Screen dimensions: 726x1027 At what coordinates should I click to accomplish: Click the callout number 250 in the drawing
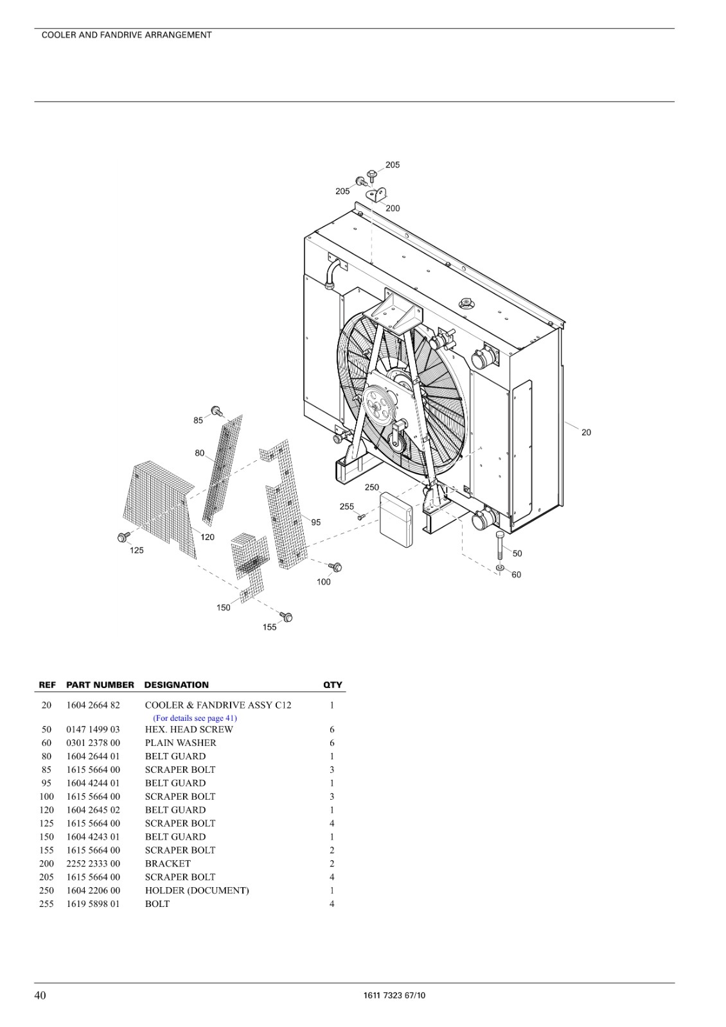tap(372, 487)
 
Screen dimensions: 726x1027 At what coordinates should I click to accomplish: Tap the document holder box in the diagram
tap(396, 520)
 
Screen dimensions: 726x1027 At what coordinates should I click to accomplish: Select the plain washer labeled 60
tap(500, 569)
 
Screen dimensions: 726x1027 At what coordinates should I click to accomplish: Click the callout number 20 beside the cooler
tap(586, 432)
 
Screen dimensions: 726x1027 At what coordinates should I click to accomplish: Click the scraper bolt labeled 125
tap(123, 537)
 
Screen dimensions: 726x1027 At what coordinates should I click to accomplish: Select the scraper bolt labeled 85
tap(216, 411)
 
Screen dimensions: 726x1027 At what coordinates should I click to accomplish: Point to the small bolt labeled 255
tap(360, 517)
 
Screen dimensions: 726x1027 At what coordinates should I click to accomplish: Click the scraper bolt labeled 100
tap(337, 567)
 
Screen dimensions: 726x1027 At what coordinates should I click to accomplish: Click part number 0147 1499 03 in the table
tap(93, 729)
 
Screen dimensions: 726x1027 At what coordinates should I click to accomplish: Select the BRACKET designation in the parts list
tap(168, 863)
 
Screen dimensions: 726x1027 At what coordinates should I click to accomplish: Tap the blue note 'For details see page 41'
tap(195, 718)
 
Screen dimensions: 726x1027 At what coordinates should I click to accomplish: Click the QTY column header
tap(333, 685)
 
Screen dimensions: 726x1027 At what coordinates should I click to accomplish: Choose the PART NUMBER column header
tap(100, 685)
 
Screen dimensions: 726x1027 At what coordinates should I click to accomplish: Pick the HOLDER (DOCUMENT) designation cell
tap(197, 890)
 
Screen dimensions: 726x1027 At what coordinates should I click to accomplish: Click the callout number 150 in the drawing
tap(224, 607)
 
